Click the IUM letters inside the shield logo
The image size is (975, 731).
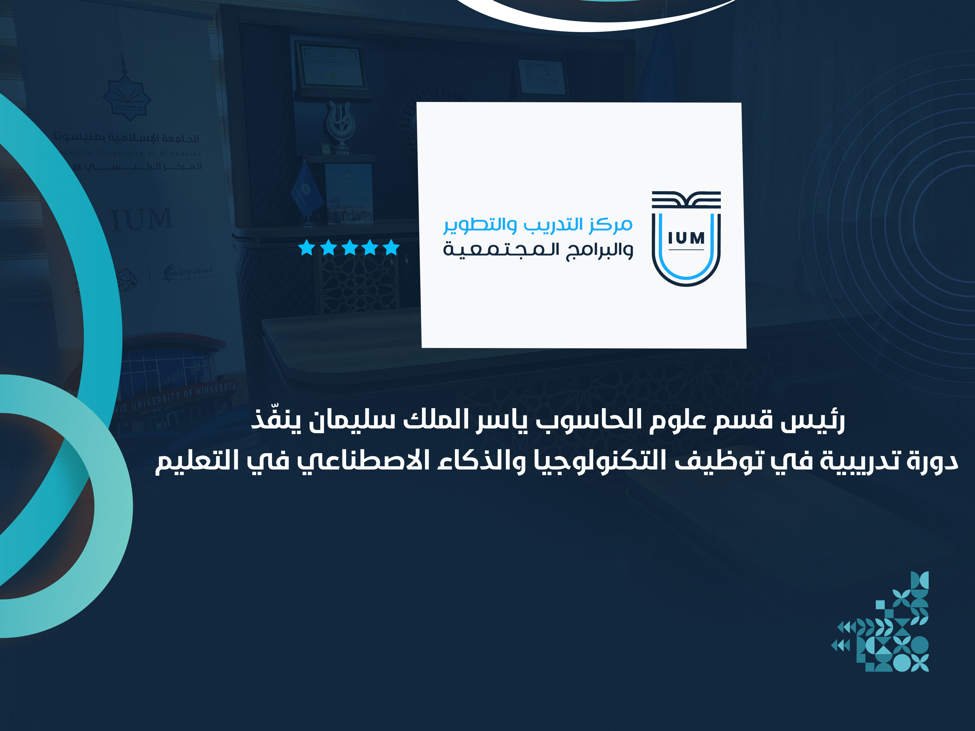point(686,239)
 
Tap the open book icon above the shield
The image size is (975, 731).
point(686,199)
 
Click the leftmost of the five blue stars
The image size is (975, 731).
point(306,248)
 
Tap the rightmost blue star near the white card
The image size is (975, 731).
point(391,248)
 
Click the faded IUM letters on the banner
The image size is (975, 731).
point(141,219)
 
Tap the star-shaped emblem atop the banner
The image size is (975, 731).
point(126,95)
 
